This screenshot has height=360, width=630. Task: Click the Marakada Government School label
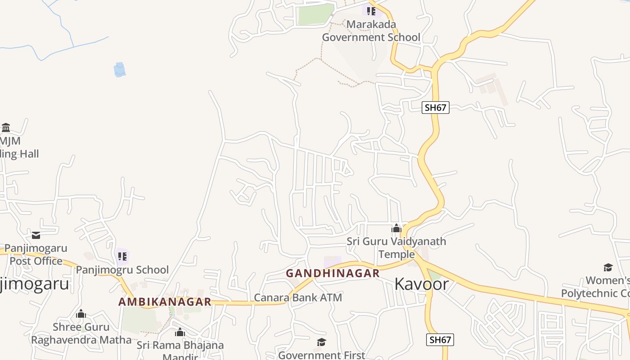[371, 31]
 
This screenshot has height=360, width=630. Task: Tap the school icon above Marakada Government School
[371, 11]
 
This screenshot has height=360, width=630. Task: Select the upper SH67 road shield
[436, 108]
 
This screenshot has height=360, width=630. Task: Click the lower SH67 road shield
[440, 340]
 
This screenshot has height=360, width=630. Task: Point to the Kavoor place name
[421, 284]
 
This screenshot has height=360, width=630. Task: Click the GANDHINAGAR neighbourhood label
[333, 273]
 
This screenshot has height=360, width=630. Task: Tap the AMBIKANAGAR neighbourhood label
[165, 301]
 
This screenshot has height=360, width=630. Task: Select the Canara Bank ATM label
[298, 297]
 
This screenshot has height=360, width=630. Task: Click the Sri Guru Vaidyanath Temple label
[396, 247]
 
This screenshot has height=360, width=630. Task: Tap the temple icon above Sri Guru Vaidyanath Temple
[396, 229]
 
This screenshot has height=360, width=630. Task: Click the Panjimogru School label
[122, 270]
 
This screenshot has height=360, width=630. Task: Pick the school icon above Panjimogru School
[122, 256]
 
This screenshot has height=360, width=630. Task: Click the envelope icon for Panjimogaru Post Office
[36, 235]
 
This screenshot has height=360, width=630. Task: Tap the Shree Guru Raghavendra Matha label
[81, 333]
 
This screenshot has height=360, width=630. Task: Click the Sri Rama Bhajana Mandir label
[180, 346]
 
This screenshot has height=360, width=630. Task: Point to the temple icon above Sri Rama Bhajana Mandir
[180, 333]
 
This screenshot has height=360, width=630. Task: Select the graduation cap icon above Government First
[321, 342]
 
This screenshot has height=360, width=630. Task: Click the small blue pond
[119, 70]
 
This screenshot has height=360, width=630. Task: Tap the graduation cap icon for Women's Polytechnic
[608, 268]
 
